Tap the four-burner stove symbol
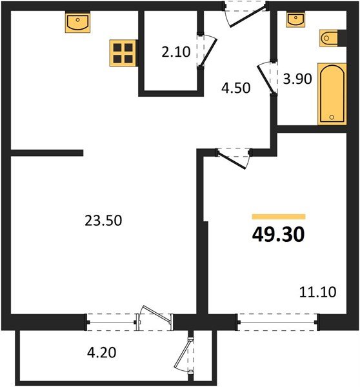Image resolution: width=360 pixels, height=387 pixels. [x=121, y=52]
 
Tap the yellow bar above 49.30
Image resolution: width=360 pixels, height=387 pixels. [x=278, y=217]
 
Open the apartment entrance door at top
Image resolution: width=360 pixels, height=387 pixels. [x=245, y=15]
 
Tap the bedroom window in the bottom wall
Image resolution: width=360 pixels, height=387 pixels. [x=277, y=319]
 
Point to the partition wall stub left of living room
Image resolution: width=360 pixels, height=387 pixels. [x=46, y=154]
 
